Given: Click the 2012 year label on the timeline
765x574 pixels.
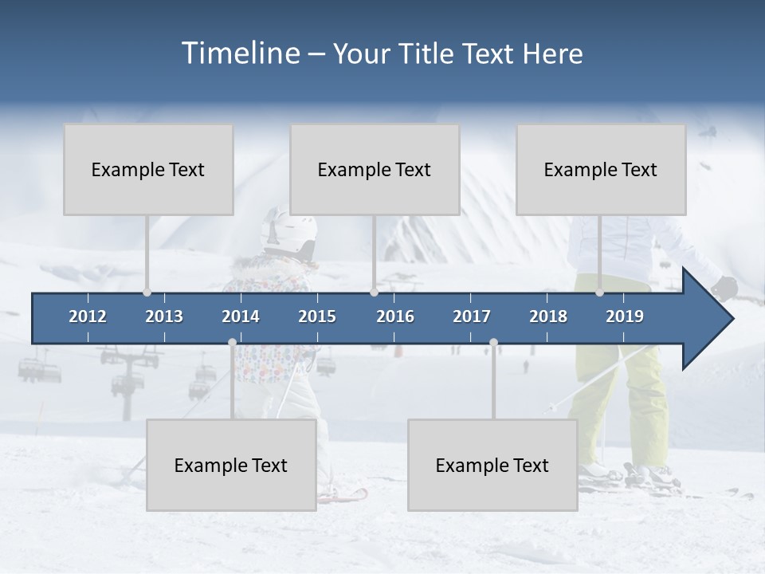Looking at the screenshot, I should [88, 316].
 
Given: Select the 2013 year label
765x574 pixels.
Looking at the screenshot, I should [164, 316].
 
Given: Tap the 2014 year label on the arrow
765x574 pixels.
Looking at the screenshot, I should [241, 316].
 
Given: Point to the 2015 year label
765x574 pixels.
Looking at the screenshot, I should [317, 316].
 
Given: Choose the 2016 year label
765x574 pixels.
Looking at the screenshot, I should [395, 316].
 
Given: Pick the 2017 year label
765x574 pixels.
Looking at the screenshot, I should [472, 316].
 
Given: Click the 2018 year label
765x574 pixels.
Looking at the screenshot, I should [548, 316].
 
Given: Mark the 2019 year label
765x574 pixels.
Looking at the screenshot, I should [625, 316].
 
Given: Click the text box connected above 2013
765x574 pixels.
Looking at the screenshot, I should [148, 169].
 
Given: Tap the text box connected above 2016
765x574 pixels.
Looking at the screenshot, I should [375, 169].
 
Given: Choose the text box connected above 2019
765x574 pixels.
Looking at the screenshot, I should [601, 169].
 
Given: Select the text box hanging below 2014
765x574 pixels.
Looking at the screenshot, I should [231, 465].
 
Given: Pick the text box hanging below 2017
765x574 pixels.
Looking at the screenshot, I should [492, 465].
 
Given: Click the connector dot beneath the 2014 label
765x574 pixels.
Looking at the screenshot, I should [232, 343].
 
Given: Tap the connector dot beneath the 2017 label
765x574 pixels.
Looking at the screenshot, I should [493, 343].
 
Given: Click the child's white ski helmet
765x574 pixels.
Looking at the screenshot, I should [287, 229].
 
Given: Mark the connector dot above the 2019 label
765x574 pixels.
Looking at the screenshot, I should [599, 293].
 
